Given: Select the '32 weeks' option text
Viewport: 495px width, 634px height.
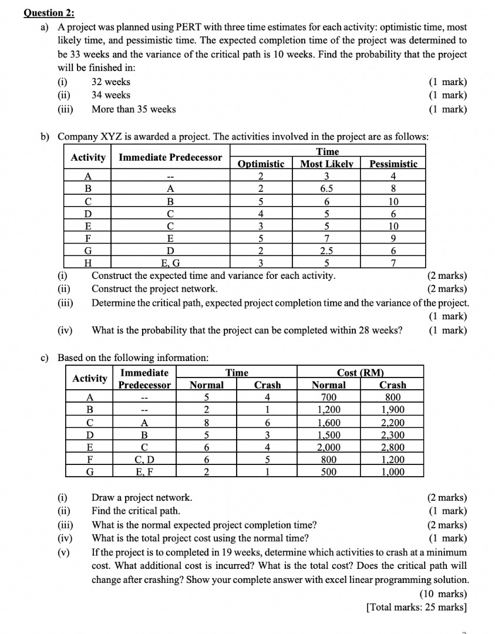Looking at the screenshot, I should tap(111, 82).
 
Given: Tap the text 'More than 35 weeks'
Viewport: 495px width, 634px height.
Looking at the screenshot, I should tap(133, 109).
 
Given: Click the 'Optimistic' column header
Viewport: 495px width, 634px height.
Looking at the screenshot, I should tap(261, 164).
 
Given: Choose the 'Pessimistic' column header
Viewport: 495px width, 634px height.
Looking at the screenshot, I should tap(393, 164).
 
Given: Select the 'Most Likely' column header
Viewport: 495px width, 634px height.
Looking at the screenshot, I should tap(327, 164).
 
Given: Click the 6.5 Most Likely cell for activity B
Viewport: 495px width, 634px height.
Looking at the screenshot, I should tap(327, 189).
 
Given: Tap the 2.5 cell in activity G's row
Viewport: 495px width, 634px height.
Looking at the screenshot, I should tap(327, 251).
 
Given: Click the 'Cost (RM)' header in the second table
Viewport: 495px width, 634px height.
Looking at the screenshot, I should tap(360, 373).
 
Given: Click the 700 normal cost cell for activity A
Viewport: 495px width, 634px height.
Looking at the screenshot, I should tap(328, 397).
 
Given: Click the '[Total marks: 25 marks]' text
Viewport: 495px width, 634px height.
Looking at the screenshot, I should tap(416, 606).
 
